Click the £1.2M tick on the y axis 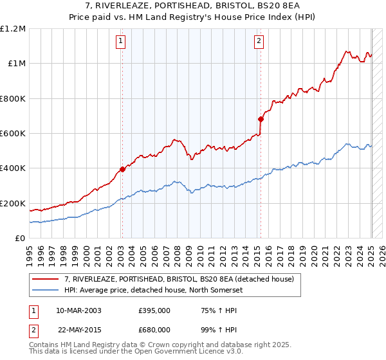pos(13,29)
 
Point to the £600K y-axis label pos(13,134)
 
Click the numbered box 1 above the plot pos(121,42)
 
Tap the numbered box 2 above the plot pos(259,42)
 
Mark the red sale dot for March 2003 pos(122,170)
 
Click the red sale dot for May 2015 pos(261,119)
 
